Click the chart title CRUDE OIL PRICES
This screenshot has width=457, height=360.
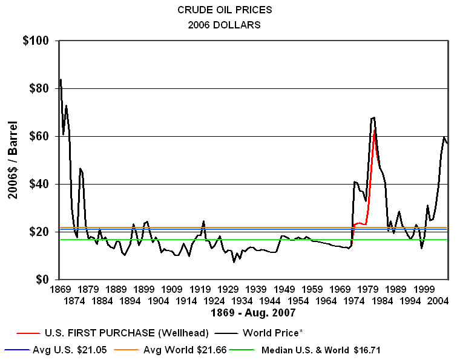click(x=224, y=10)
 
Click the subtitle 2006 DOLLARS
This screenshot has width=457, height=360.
click(x=224, y=25)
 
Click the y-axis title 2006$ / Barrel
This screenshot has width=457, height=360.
click(x=13, y=160)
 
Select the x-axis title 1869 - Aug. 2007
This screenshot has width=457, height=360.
click(x=253, y=313)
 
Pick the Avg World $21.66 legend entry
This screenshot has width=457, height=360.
click(x=188, y=350)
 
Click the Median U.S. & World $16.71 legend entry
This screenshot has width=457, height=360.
click(x=321, y=350)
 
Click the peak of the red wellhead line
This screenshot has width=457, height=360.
click(x=375, y=129)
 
